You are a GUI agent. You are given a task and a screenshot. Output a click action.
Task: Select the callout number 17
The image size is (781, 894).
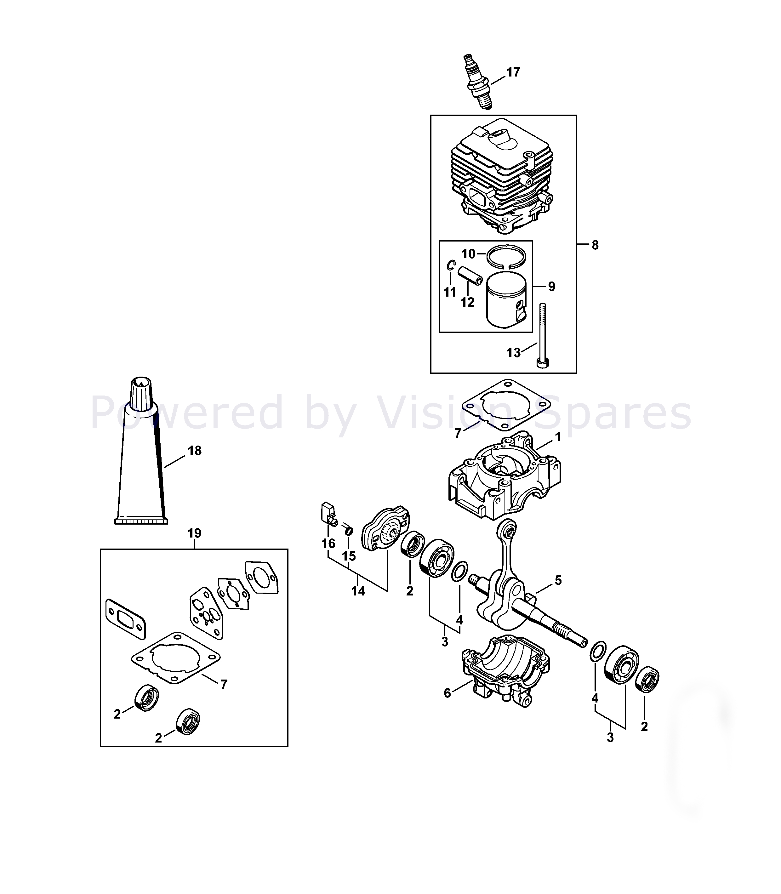[x=513, y=72]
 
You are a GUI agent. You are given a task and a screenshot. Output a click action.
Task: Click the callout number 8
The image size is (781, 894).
[x=595, y=245]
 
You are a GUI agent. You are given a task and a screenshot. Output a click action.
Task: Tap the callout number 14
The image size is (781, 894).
[x=358, y=591]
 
